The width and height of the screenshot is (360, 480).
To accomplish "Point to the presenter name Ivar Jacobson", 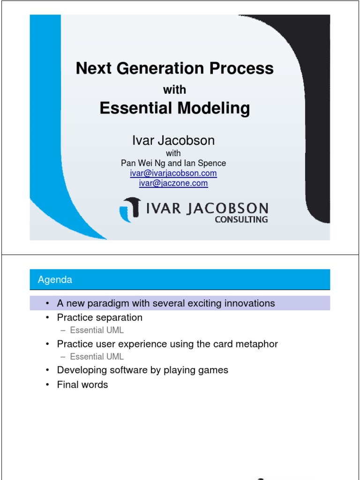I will (173, 141).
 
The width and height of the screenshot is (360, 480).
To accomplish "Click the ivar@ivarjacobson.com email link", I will (173, 173).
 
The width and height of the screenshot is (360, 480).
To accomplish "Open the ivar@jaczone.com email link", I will (173, 183).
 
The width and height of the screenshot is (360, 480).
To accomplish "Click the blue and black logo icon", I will (131, 209).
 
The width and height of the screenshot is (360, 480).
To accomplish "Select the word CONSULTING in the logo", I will (241, 219).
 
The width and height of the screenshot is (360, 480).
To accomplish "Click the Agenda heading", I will (55, 280).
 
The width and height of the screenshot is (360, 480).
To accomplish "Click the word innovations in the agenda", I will (252, 303).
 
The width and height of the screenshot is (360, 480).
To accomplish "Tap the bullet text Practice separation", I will (99, 317).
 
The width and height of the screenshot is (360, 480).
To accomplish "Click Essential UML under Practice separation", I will (97, 330).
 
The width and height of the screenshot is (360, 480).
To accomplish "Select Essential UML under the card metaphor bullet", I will (97, 357).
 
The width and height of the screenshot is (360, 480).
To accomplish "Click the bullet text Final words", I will (82, 385).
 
